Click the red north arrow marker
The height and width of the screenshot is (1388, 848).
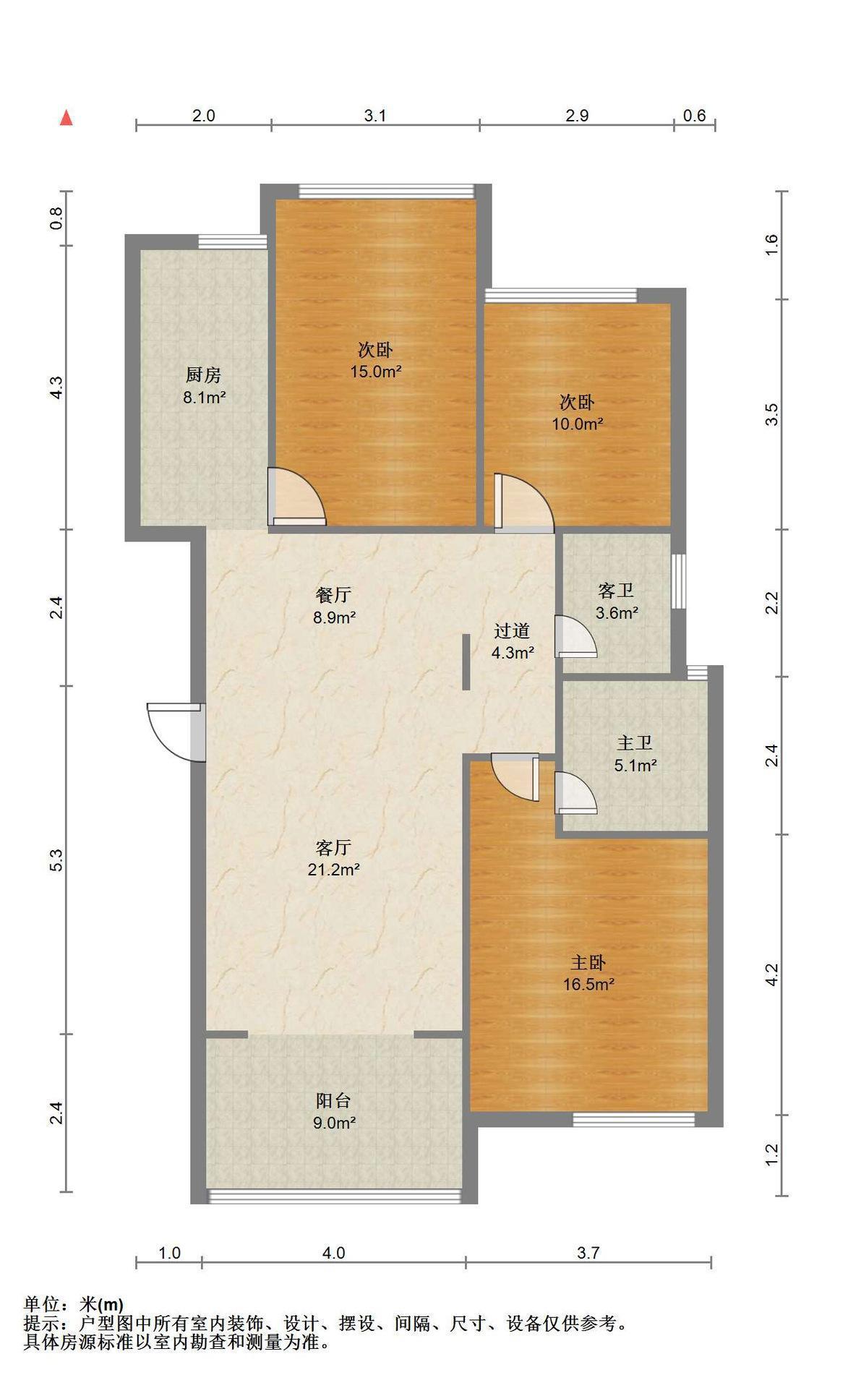click(x=67, y=117)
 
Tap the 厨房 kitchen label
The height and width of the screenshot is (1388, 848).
click(x=203, y=375)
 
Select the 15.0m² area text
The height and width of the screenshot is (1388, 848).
click(x=376, y=372)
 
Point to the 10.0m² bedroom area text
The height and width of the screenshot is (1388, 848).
click(x=578, y=424)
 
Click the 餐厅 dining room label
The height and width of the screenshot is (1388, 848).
click(x=334, y=595)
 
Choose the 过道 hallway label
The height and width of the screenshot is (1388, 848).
click(x=512, y=631)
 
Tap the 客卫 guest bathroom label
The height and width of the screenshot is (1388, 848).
click(x=616, y=591)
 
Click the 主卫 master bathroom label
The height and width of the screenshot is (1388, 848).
click(x=635, y=742)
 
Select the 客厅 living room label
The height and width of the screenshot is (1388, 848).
click(x=334, y=847)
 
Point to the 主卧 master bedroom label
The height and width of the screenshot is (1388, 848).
click(x=588, y=962)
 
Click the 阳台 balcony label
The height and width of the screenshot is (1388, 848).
click(x=334, y=1101)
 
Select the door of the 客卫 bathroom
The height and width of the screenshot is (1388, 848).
click(x=576, y=636)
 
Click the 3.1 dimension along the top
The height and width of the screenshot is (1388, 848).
click(x=375, y=116)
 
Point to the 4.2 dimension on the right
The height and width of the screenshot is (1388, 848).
click(x=772, y=974)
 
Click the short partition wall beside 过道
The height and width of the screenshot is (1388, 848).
click(x=467, y=661)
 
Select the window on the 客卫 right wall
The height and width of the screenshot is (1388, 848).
click(x=677, y=581)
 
